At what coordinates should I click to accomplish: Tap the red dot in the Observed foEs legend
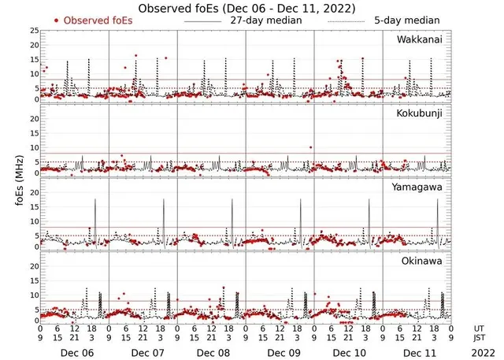56,20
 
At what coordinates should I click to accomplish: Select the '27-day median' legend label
269,20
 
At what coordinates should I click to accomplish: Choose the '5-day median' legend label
407,20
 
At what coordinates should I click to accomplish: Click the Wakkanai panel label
418,39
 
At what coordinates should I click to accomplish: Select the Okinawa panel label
422,260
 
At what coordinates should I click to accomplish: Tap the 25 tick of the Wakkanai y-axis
34,31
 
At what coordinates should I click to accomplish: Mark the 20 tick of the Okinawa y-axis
34,266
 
